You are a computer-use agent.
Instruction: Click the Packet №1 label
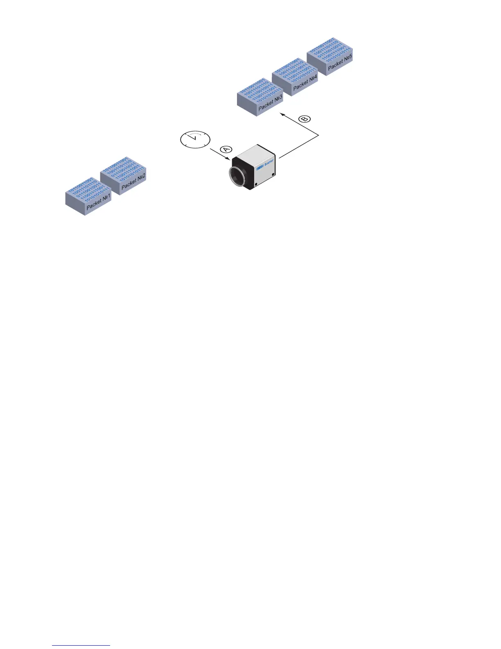[x=99, y=202]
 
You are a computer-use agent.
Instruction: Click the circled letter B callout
[x=305, y=119]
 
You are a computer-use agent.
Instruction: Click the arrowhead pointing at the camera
[x=230, y=160]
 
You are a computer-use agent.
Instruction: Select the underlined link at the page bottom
[x=81, y=645]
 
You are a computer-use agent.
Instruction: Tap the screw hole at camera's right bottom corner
[x=273, y=178]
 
